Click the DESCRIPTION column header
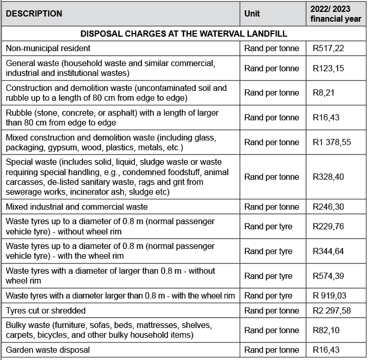34,14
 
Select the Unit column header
252,14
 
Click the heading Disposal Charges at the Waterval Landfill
184,34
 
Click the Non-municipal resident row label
48,48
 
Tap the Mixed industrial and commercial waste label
76,207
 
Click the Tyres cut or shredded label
46,310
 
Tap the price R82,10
325,330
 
